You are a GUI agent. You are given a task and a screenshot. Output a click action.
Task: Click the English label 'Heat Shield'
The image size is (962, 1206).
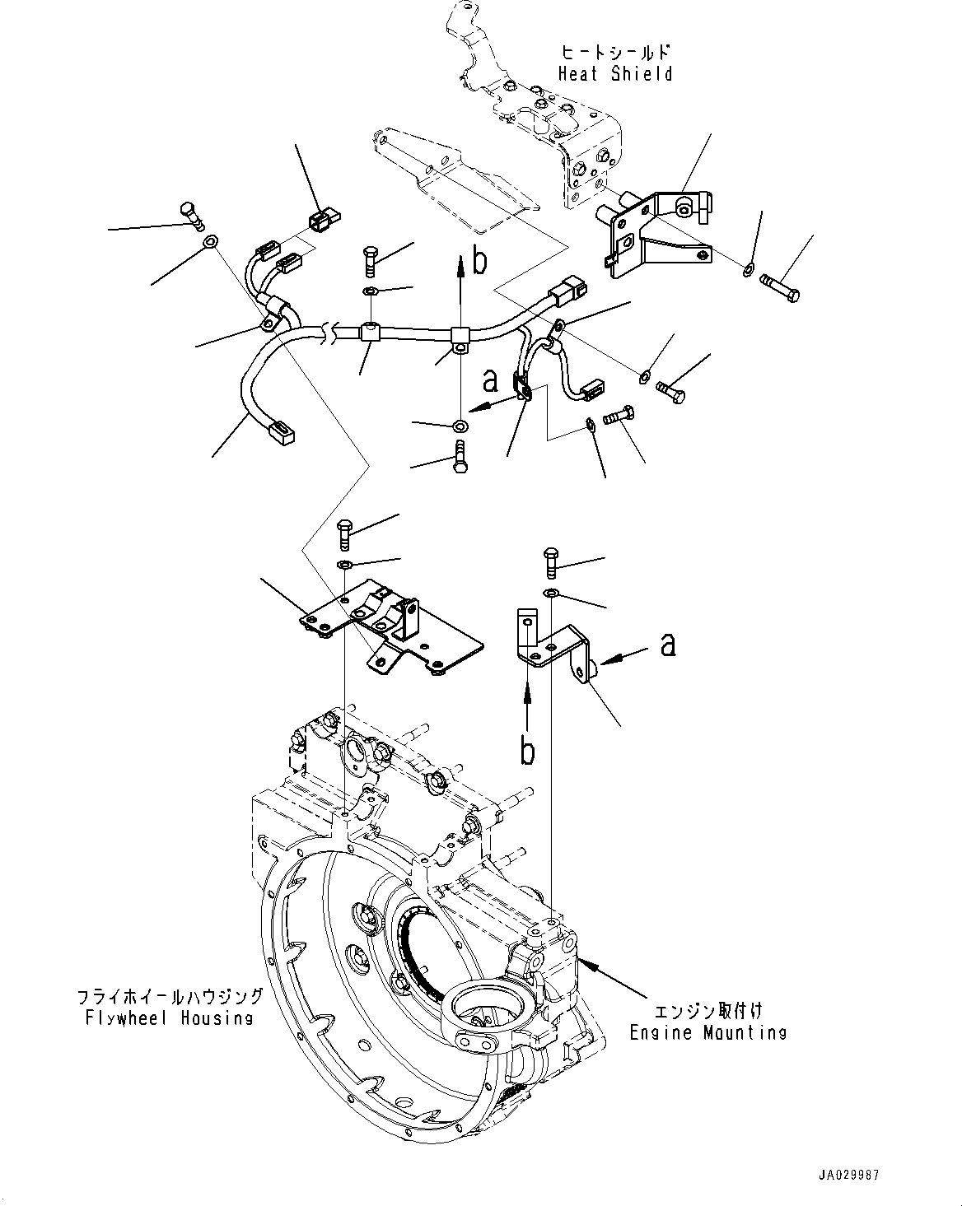pyautogui.click(x=615, y=74)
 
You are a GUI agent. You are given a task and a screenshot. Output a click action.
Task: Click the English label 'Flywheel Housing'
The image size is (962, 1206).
pyautogui.click(x=170, y=1017)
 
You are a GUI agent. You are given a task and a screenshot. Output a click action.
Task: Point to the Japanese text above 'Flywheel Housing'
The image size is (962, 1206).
pyautogui.click(x=170, y=997)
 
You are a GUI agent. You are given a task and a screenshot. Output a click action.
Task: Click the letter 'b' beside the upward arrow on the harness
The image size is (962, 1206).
pyautogui.click(x=479, y=260)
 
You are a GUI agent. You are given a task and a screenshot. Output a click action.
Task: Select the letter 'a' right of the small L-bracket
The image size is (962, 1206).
pyautogui.click(x=668, y=644)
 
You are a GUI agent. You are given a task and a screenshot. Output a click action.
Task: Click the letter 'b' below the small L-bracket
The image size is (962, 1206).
pyautogui.click(x=527, y=751)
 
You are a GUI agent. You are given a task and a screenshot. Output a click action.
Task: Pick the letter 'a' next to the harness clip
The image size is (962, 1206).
pyautogui.click(x=491, y=380)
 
